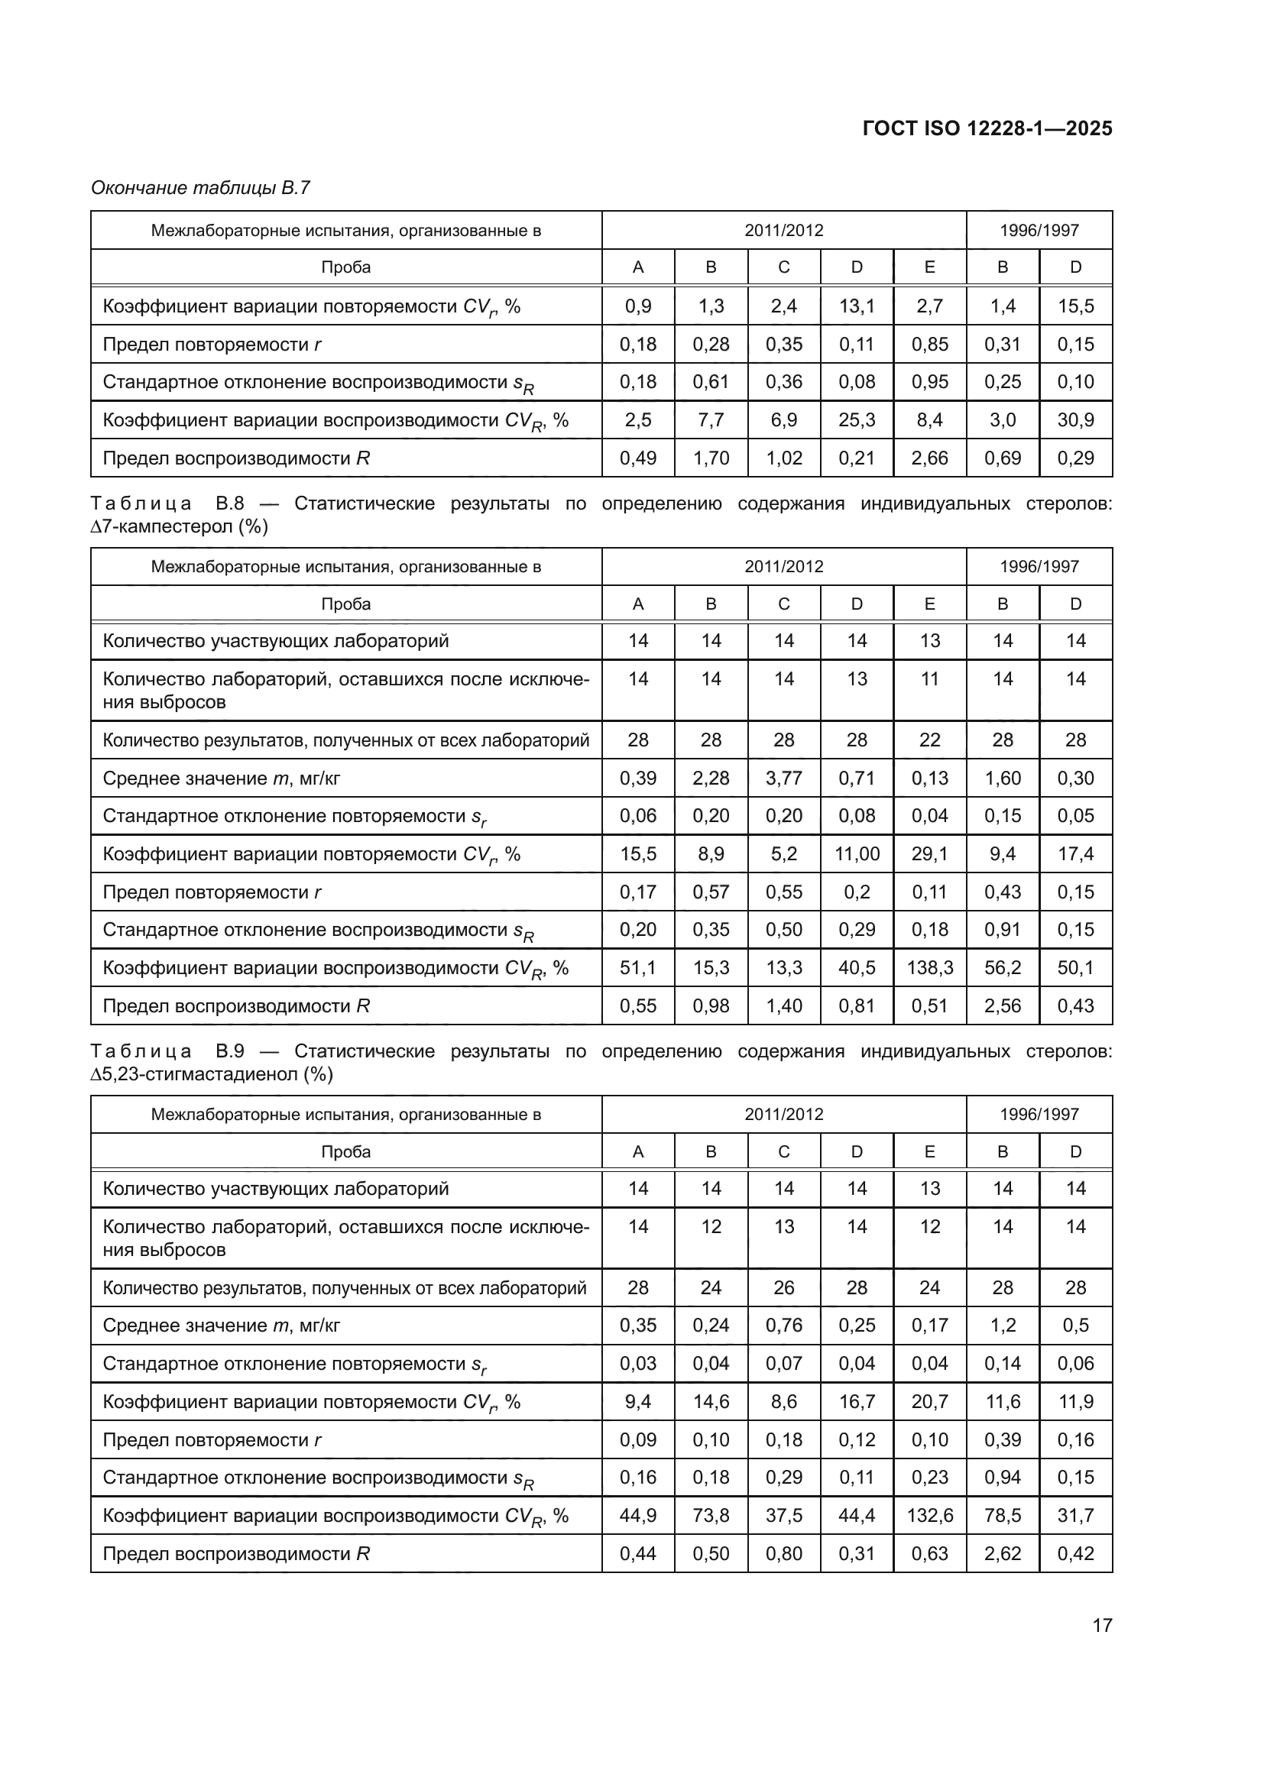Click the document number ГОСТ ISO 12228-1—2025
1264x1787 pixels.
pos(987,128)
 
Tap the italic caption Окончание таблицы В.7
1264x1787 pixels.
pos(200,188)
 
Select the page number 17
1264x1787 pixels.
pos(1102,1625)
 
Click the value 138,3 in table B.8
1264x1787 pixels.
pos(929,967)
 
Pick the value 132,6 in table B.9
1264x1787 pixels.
pos(929,1515)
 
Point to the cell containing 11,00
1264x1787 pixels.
pos(857,854)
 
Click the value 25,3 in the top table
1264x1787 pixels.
pos(857,420)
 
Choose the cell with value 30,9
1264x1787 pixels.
pos(1076,420)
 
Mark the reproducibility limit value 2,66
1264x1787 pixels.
pos(929,458)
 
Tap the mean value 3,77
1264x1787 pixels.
pos(784,779)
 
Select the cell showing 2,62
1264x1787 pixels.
pos(1003,1553)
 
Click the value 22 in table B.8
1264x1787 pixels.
pos(929,740)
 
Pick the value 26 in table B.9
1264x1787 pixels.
pos(784,1288)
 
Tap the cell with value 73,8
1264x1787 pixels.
pos(711,1515)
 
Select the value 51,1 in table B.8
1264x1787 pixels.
pos(637,967)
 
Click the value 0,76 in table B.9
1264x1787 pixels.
pos(784,1326)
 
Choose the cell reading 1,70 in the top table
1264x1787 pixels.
pos(711,458)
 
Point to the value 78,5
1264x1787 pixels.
pos(1003,1515)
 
